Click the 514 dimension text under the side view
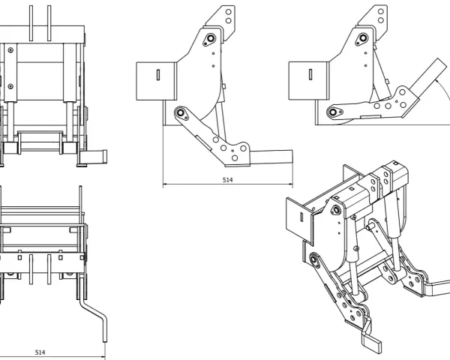pos(227,180)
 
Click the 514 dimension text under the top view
pos(40,352)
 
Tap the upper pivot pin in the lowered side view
pos(211,38)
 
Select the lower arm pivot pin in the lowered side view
pos(181,112)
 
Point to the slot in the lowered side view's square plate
pos(158,75)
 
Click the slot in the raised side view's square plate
pos(310,74)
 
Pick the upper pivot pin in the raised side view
pos(363,37)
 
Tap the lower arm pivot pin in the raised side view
pos(333,112)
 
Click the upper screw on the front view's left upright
pos(10,50)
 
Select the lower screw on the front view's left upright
pos(10,86)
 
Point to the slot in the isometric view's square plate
pos(301,217)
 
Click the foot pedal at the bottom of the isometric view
pos(371,342)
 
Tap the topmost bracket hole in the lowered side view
pos(229,12)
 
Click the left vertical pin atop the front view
pos(31,23)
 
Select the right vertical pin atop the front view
pos(49,23)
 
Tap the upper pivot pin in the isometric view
pos(335,210)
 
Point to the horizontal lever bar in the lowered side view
pos(271,157)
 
